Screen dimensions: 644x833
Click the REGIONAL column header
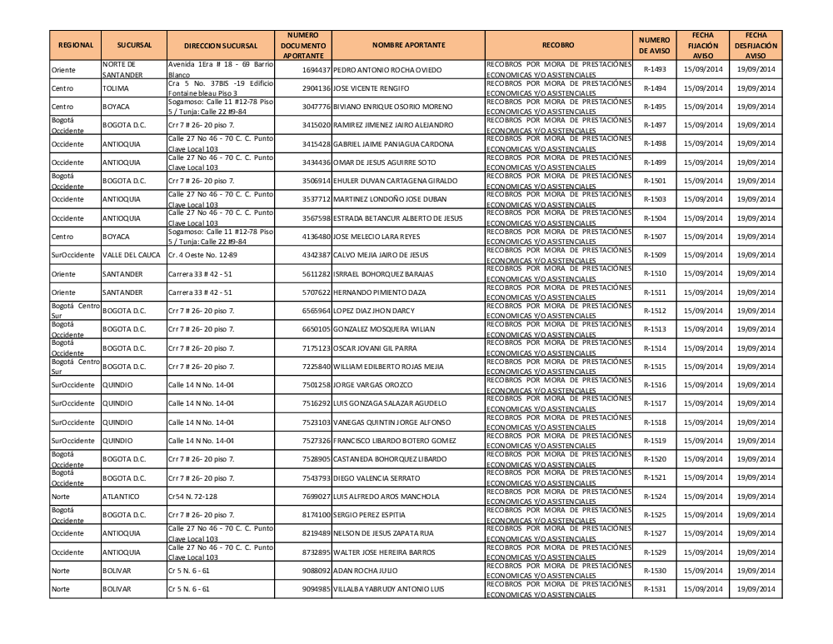pyautogui.click(x=75, y=44)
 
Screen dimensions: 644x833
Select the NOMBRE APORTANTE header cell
pyautogui.click(x=408, y=44)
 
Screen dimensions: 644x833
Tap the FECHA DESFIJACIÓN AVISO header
pyautogui.click(x=756, y=44)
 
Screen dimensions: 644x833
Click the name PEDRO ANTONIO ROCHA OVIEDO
pyautogui.click(x=387, y=70)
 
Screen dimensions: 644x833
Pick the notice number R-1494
pyautogui.click(x=655, y=88)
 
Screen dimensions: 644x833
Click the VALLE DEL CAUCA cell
pyautogui.click(x=131, y=255)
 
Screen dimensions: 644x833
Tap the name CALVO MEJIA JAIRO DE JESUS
pyautogui.click(x=381, y=255)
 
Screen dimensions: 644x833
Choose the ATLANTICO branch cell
pyautogui.click(x=121, y=497)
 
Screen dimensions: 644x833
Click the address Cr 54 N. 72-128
pyautogui.click(x=192, y=497)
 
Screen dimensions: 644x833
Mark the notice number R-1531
pyautogui.click(x=655, y=590)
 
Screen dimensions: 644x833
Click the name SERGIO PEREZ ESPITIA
pyautogui.click(x=369, y=515)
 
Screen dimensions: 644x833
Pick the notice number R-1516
pyautogui.click(x=655, y=385)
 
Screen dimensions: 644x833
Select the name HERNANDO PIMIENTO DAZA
pyautogui.click(x=379, y=292)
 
